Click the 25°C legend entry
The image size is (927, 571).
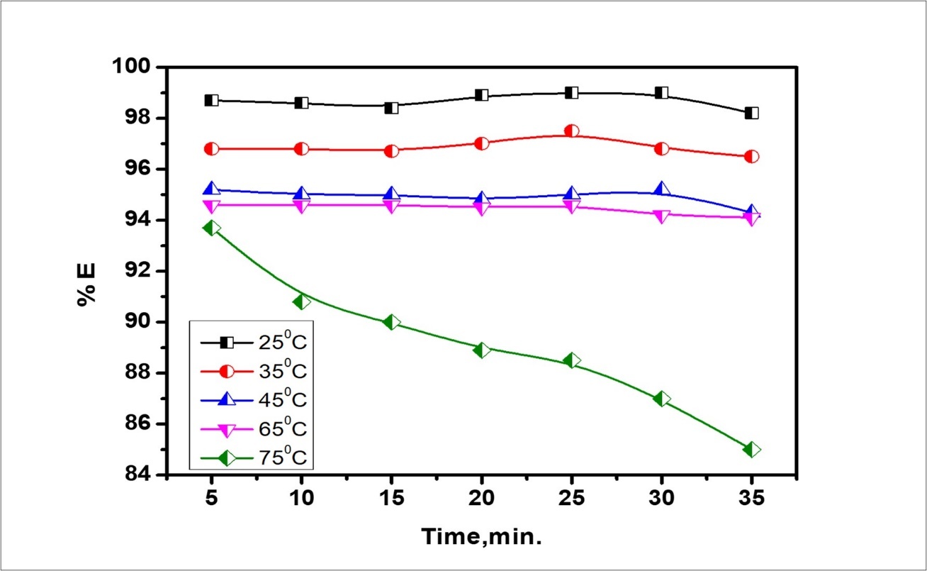tap(255, 343)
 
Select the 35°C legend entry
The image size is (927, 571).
tap(255, 372)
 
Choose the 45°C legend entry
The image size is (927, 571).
tap(255, 400)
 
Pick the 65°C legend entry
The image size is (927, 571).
tap(255, 428)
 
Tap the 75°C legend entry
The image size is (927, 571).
tap(255, 458)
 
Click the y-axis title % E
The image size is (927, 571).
tap(87, 284)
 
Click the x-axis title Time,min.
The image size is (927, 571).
tap(483, 536)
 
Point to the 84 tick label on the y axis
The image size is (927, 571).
tap(140, 475)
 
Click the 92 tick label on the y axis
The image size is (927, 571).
tap(140, 272)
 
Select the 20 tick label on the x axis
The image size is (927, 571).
tap(482, 499)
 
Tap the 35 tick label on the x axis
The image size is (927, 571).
tap(752, 499)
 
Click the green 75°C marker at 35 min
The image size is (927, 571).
tap(752, 449)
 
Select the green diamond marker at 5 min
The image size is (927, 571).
tap(211, 228)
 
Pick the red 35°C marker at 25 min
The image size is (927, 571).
tap(572, 131)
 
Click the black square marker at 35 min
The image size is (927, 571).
tap(752, 113)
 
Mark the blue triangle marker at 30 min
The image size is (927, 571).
tap(662, 189)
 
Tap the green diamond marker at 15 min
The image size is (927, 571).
tap(391, 322)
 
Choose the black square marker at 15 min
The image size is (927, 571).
tap(391, 108)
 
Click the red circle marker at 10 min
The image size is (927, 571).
tap(301, 149)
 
